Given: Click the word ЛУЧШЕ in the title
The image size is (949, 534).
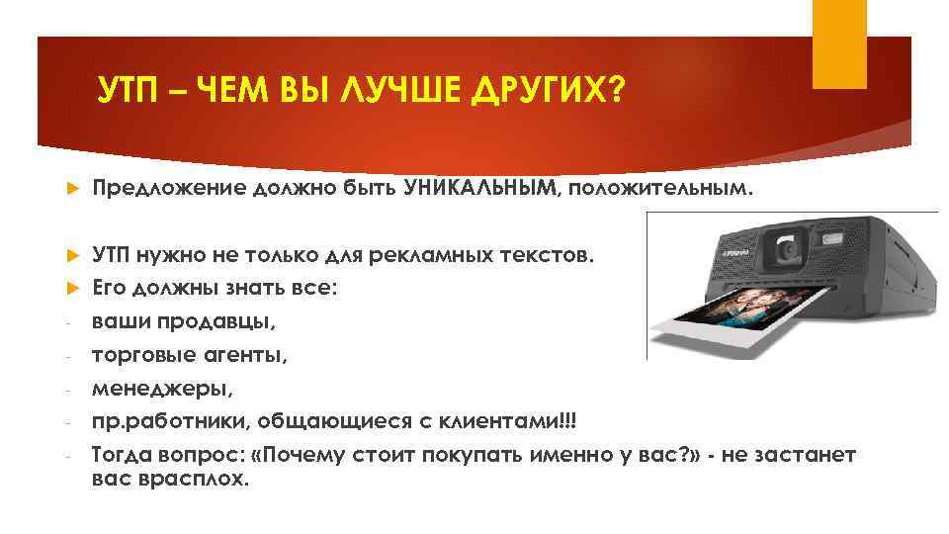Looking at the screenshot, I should [x=399, y=93].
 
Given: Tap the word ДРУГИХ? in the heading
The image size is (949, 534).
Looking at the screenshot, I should [x=550, y=93].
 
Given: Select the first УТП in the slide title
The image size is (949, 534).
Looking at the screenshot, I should [x=126, y=93].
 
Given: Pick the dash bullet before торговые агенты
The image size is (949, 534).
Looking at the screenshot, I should [x=66, y=357].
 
